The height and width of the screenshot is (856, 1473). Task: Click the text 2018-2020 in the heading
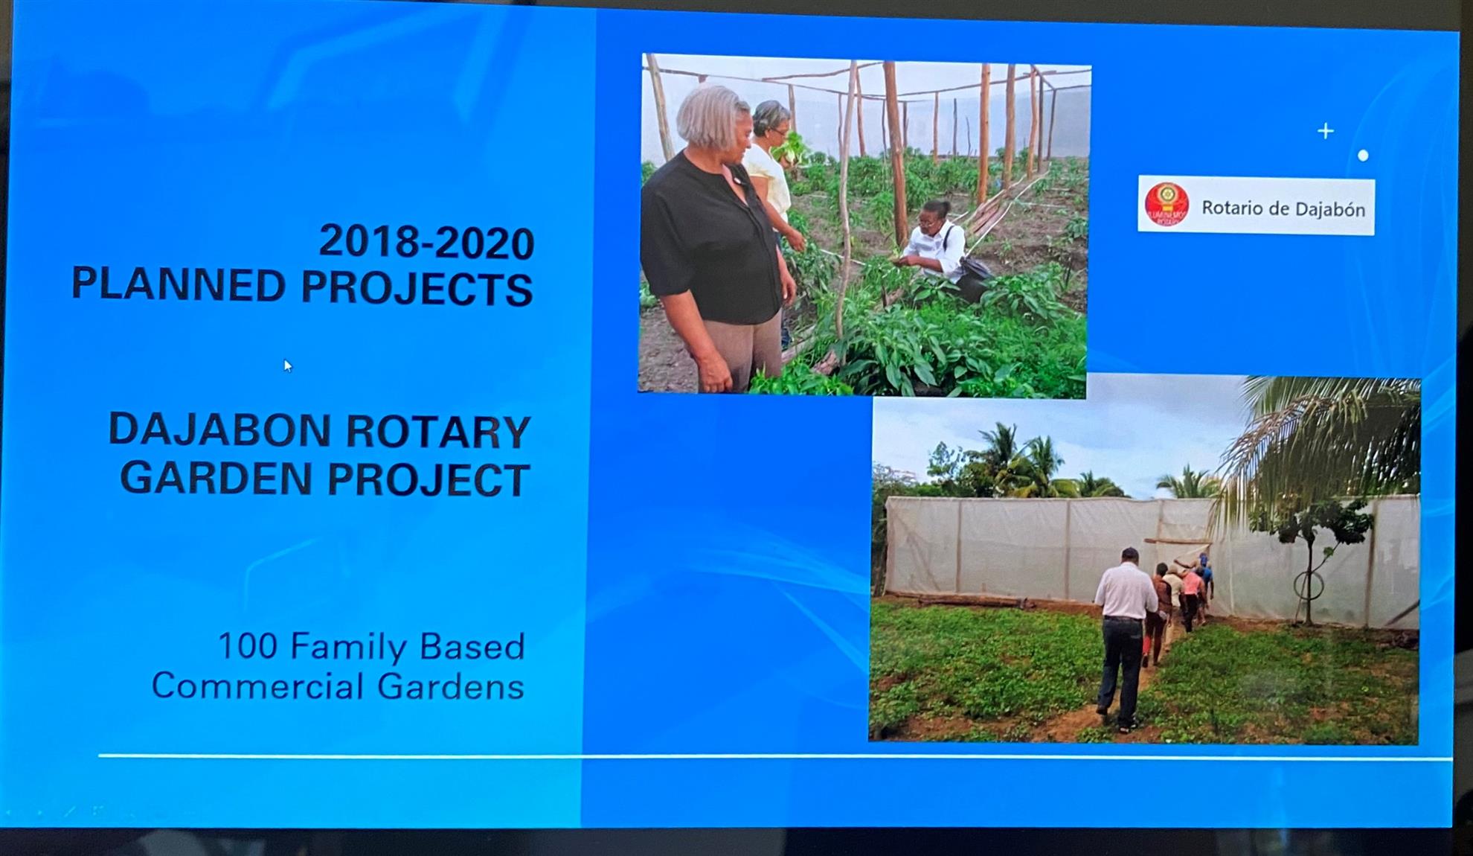point(426,242)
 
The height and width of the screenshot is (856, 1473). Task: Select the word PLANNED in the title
point(179,285)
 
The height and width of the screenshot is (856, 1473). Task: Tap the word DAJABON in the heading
point(219,430)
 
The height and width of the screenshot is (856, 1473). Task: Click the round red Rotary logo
point(1166,205)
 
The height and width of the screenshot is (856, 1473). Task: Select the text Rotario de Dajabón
point(1283,208)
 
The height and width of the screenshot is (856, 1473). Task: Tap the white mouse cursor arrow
point(288,365)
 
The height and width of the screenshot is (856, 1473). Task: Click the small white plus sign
point(1325,131)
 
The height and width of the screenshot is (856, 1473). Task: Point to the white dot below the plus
point(1363,156)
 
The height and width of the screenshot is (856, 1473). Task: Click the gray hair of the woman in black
point(710,115)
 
